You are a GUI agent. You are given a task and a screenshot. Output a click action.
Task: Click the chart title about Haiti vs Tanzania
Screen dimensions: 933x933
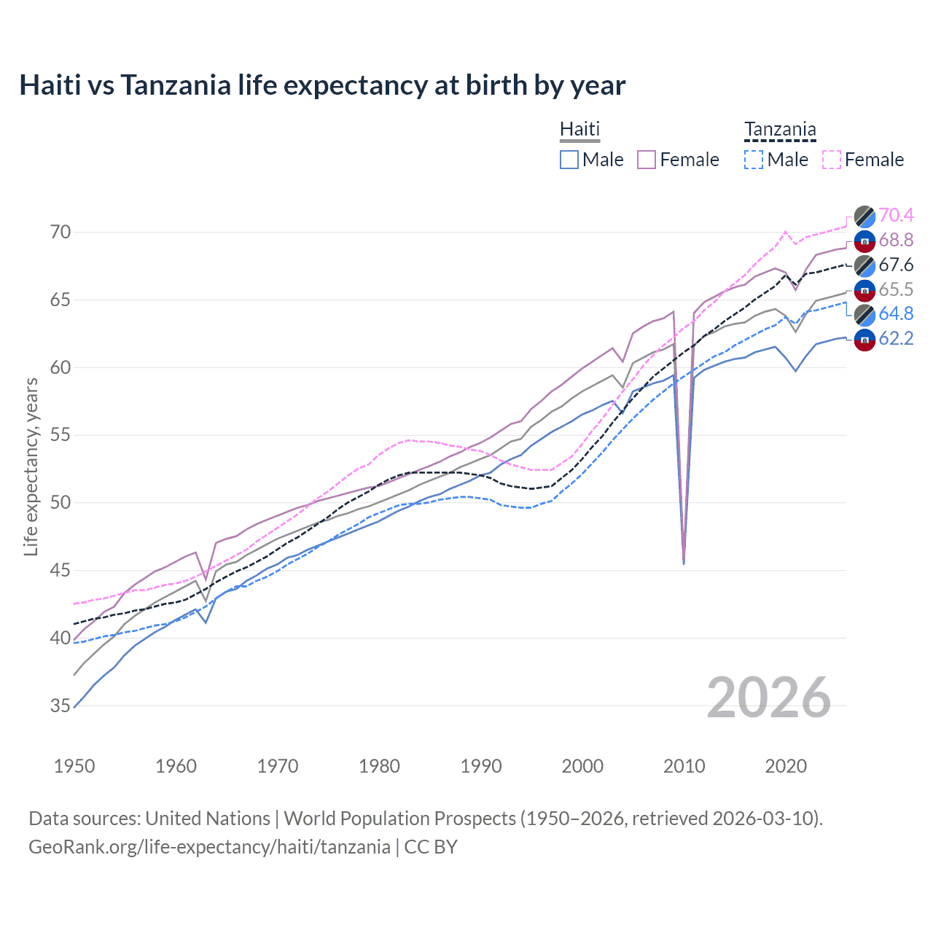(x=322, y=85)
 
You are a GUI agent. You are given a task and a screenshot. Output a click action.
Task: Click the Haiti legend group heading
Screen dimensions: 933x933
(x=579, y=129)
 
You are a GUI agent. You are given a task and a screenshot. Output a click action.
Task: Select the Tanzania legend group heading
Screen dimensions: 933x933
(x=780, y=130)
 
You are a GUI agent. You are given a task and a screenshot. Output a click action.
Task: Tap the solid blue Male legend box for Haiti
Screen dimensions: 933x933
(x=569, y=160)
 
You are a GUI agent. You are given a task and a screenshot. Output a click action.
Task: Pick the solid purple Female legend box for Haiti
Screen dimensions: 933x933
(x=647, y=160)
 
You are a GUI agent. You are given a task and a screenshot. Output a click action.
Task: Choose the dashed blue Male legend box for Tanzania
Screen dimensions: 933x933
(x=754, y=160)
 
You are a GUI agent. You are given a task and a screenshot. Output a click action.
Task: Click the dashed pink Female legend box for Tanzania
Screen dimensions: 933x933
(x=832, y=160)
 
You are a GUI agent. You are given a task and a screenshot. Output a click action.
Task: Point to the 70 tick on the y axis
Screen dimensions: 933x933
(x=60, y=233)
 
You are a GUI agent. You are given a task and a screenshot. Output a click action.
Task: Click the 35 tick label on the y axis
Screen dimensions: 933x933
(x=60, y=706)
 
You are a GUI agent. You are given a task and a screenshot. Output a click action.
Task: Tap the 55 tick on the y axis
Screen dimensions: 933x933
(x=60, y=435)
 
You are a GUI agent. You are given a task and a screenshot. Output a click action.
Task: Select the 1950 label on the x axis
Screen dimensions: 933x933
(x=74, y=766)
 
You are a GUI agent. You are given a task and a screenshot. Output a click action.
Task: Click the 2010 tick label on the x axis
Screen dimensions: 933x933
(x=684, y=766)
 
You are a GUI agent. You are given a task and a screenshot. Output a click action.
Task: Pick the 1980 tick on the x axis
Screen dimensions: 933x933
(x=379, y=766)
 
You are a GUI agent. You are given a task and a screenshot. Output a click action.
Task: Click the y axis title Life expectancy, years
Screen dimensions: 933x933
(x=31, y=466)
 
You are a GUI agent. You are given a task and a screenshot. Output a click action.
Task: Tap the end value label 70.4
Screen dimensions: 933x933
(x=896, y=215)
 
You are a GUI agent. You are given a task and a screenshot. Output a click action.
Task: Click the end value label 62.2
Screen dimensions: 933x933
(x=896, y=338)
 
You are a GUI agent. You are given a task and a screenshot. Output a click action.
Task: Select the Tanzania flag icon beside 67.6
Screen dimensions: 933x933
(x=864, y=265)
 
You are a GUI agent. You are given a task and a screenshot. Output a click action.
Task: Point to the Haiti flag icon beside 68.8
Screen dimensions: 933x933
(x=864, y=241)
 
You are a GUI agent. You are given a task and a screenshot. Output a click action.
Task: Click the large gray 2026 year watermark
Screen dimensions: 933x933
(x=769, y=698)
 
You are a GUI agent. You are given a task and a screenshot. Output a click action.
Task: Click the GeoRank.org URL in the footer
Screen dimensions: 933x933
(x=209, y=847)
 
